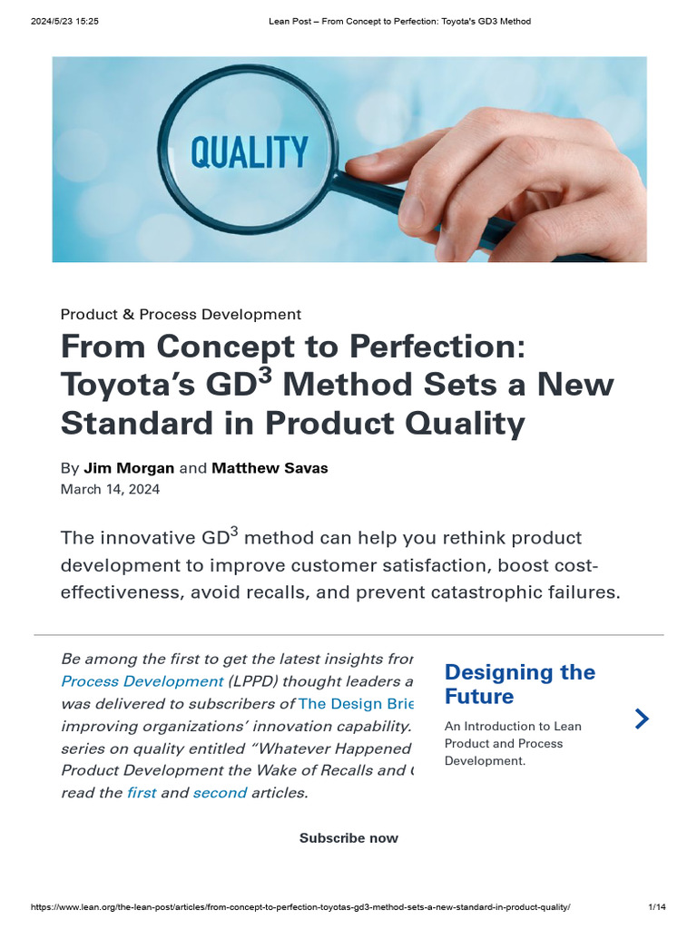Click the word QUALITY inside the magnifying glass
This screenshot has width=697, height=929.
(x=249, y=152)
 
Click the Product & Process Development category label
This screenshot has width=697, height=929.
(x=181, y=315)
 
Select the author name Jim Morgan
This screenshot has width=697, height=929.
(x=129, y=468)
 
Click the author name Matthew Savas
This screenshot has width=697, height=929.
(x=270, y=468)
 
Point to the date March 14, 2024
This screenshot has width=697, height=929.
(x=110, y=489)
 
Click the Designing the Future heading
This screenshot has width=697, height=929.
(x=519, y=684)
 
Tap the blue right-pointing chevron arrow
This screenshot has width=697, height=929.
(x=642, y=719)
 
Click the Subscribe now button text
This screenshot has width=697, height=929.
(x=348, y=838)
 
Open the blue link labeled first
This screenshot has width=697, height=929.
(x=141, y=793)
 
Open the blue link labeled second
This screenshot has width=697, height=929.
(x=220, y=793)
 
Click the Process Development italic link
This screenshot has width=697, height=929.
(x=142, y=681)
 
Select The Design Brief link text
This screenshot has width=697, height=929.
(x=356, y=704)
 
